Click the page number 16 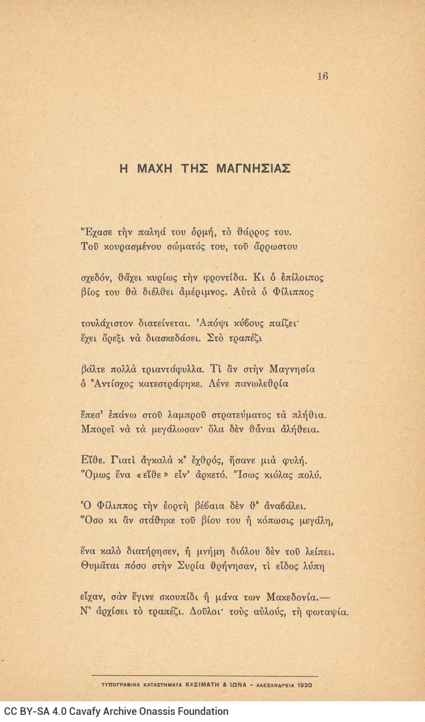(x=322, y=76)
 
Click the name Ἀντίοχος (x=110, y=384)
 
